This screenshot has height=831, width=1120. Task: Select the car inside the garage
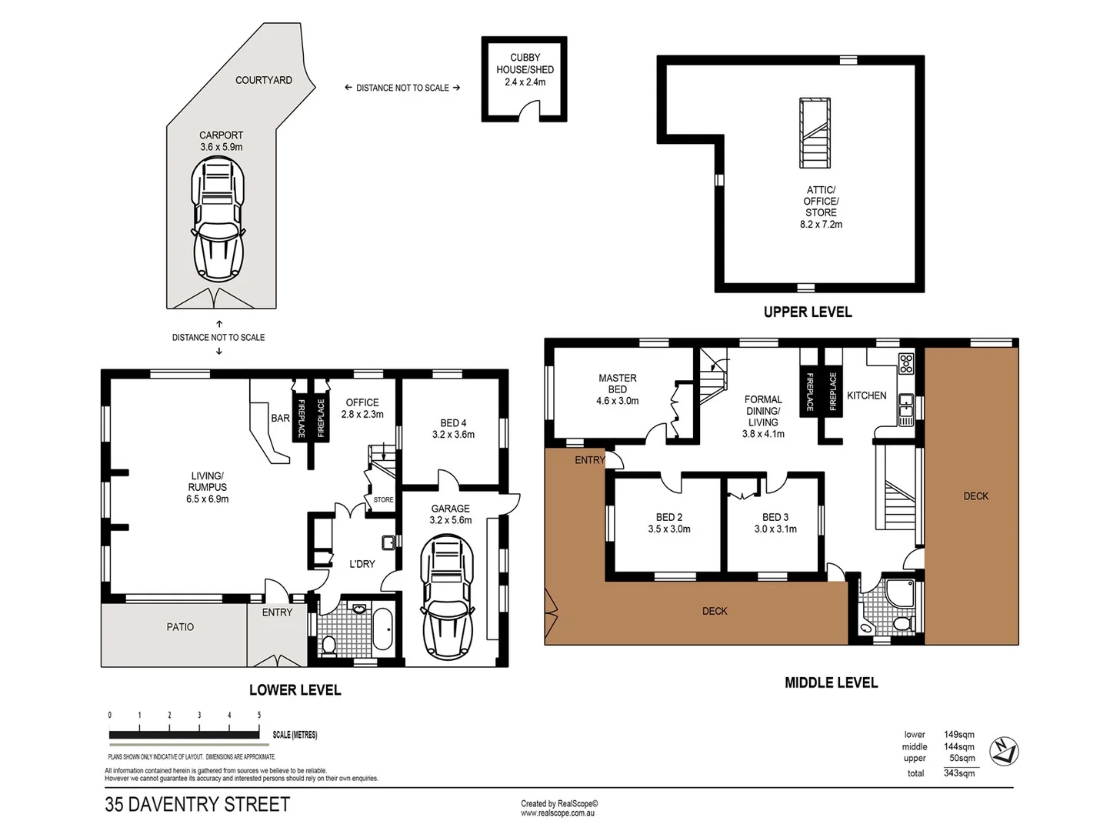point(447,598)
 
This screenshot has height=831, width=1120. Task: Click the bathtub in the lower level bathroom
point(382,629)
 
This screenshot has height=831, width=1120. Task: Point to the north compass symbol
point(1003,751)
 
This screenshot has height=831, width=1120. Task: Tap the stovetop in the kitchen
point(906,362)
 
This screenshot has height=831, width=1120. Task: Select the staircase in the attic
point(815,133)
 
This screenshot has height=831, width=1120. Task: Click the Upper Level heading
point(808,312)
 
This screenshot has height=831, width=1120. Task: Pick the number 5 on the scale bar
point(259,715)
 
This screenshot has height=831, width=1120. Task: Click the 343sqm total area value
point(959,773)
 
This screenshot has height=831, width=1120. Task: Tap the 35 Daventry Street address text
point(198,804)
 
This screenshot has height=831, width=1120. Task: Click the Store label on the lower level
point(383,499)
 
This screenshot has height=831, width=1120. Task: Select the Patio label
point(180,627)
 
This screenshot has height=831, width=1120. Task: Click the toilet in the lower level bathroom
point(328,645)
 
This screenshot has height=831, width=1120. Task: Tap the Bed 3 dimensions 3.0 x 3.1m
point(775,529)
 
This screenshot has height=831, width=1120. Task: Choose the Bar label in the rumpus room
point(280,419)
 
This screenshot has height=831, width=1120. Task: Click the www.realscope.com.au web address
point(558,813)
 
